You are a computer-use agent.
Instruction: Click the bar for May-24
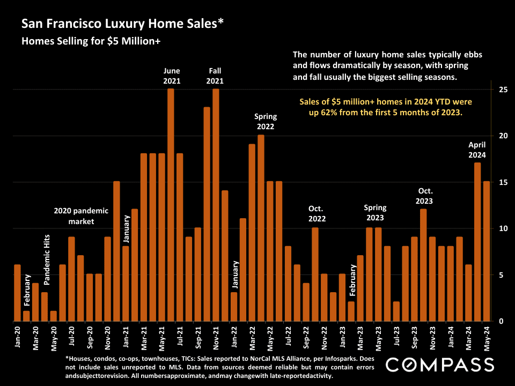coord(486,251)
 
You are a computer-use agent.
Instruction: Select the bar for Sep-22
coord(306,302)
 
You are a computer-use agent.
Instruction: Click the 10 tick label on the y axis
coord(503,229)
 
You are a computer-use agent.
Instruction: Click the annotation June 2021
coord(172,76)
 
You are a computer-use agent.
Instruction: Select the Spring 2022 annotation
coord(265,122)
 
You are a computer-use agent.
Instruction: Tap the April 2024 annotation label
coord(477,150)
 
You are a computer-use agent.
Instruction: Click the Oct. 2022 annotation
coord(317,213)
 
